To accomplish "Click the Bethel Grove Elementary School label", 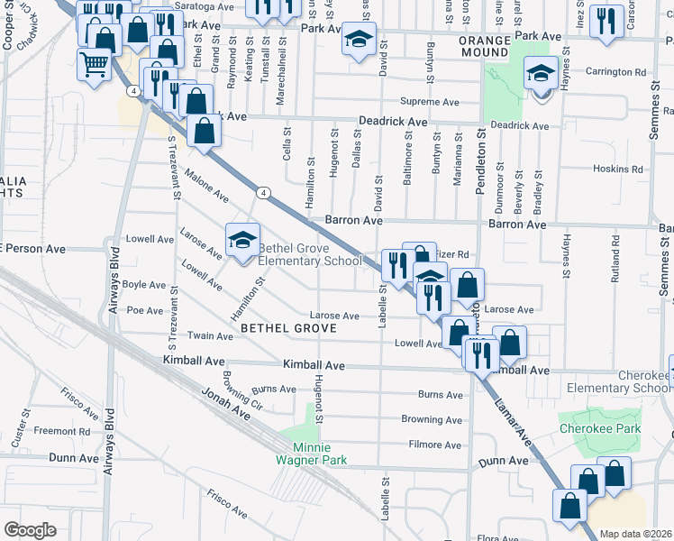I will pyautogui.click(x=310, y=255).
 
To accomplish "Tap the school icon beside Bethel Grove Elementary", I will pyautogui.click(x=242, y=240).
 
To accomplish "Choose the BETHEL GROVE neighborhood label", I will pyautogui.click(x=288, y=329).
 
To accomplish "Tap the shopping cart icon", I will pyautogui.click(x=94, y=65).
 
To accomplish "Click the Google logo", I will pyautogui.click(x=30, y=530).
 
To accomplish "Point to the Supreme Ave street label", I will pyautogui.click(x=430, y=102).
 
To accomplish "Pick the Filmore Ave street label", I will pyautogui.click(x=435, y=445).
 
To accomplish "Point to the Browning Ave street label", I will pyautogui.click(x=432, y=419).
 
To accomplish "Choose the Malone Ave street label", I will pyautogui.click(x=206, y=184).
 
